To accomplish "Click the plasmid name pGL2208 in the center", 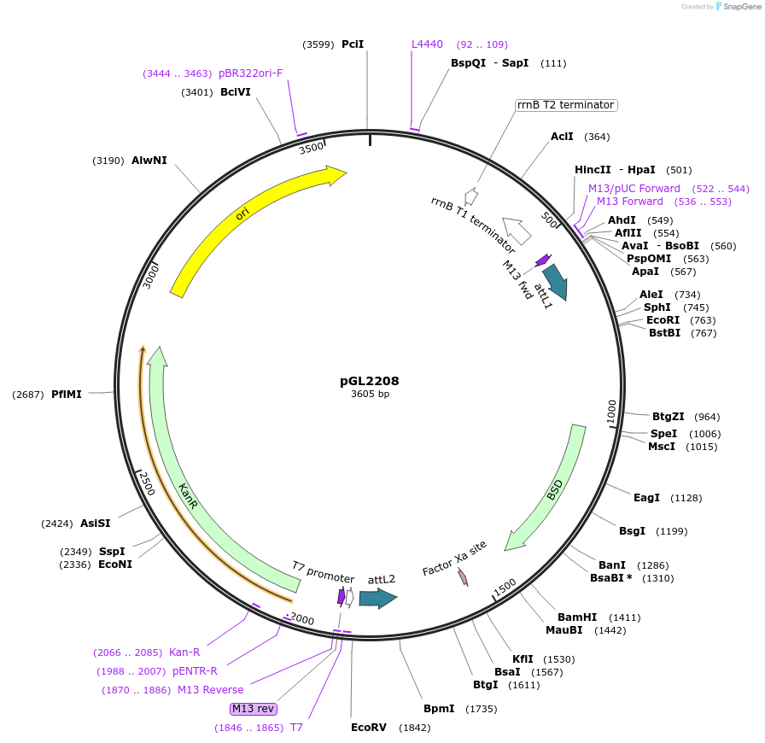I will (x=370, y=381).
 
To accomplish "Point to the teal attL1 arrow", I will (x=554, y=281).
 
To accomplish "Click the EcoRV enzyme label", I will (x=369, y=728).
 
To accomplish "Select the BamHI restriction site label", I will (x=577, y=617).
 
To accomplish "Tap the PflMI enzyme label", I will (x=67, y=395).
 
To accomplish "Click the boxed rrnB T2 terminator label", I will (x=565, y=105).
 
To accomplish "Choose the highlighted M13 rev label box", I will (x=254, y=709).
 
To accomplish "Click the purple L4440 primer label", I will (x=427, y=44).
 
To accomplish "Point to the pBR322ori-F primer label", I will (x=250, y=73).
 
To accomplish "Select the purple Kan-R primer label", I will (x=184, y=652).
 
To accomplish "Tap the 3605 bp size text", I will (x=370, y=395).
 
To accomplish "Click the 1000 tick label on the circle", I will (x=611, y=410).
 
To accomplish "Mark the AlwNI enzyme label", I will (x=149, y=161).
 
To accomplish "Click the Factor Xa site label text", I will (x=454, y=558).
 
